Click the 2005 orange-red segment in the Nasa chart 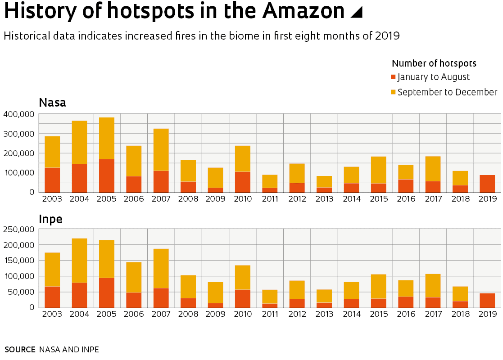(107, 175)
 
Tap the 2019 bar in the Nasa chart (487, 184)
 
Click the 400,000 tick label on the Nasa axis (18, 114)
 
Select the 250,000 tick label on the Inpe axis (18, 229)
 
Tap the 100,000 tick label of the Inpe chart (18, 276)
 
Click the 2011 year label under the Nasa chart (270, 199)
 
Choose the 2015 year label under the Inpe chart (379, 314)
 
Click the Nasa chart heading (52, 103)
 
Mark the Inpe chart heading (50, 219)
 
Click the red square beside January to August (393, 77)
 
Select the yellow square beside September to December (393, 92)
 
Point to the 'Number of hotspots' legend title (434, 63)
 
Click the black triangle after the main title (356, 13)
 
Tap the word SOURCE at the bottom (20, 350)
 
